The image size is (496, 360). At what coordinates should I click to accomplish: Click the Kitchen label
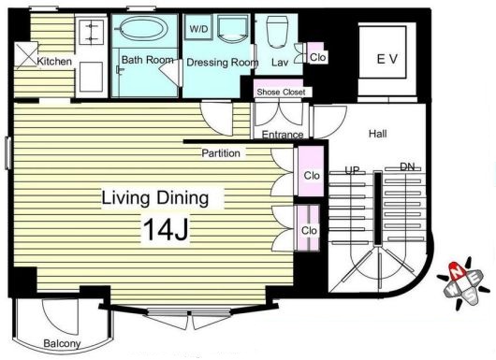[54, 61]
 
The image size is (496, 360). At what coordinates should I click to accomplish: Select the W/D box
[198, 28]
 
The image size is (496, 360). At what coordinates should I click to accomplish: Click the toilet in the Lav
[277, 32]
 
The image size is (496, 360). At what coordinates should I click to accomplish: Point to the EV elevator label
[387, 59]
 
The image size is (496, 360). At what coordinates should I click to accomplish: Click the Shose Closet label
[281, 92]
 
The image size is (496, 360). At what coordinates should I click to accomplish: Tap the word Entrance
[283, 135]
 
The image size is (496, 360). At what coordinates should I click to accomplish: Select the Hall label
[378, 134]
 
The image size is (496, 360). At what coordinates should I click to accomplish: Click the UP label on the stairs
[352, 171]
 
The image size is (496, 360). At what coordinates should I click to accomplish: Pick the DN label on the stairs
[407, 166]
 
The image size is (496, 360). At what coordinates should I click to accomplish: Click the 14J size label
[166, 230]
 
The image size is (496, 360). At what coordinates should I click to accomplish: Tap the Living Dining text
[155, 198]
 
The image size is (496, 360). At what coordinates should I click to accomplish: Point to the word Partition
[221, 153]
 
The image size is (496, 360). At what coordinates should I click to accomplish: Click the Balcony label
[62, 343]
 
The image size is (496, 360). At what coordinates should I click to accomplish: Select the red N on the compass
[457, 271]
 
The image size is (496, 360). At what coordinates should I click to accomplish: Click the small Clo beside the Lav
[317, 57]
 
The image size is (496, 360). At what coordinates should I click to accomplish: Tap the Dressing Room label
[223, 63]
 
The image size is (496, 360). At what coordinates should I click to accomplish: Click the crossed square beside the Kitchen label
[26, 54]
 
